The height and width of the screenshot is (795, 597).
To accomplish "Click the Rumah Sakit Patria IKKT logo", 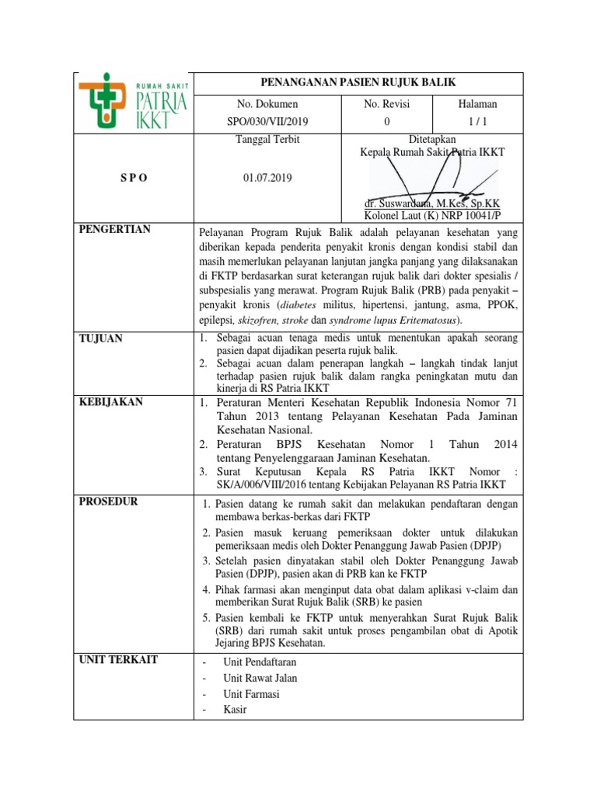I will [x=133, y=102].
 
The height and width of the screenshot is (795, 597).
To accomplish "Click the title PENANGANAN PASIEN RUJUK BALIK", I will [x=357, y=82].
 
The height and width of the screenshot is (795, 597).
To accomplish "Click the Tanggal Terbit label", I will [x=267, y=140].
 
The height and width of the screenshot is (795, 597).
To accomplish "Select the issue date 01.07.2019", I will [x=267, y=177].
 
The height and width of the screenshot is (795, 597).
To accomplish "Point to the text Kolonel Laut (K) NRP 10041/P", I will [x=432, y=216].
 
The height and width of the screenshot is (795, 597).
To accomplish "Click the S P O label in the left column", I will [x=133, y=177].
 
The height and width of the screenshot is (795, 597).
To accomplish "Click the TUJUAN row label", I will [x=101, y=338].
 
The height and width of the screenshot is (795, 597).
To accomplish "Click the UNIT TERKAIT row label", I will [x=118, y=660].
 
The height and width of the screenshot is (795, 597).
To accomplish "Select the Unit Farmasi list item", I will [x=251, y=694].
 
